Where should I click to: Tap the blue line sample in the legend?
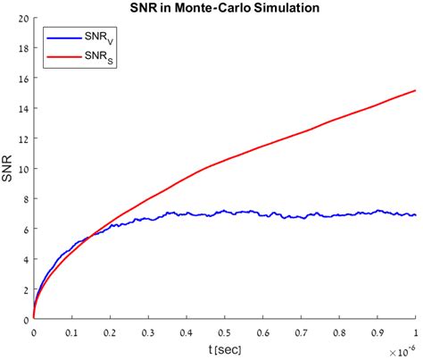tap(63, 39)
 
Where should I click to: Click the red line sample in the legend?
tap(63, 57)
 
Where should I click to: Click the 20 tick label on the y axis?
tap(21, 18)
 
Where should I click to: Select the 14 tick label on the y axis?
tap(21, 108)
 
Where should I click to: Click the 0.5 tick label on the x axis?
tap(225, 331)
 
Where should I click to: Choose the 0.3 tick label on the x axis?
tap(148, 331)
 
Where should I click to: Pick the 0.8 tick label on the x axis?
tap(339, 331)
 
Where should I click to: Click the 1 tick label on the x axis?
tap(415, 331)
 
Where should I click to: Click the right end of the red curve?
tap(415, 90)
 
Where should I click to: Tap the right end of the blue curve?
tap(415, 215)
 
